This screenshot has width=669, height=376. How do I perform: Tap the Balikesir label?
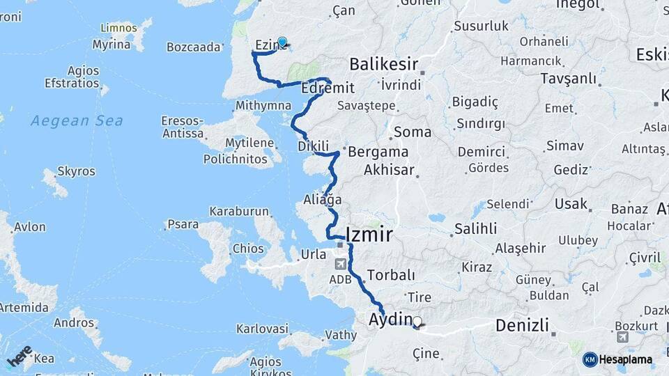coord(383,65)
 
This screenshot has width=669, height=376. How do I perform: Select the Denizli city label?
coord(522,325)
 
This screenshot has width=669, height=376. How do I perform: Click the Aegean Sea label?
coord(77,120)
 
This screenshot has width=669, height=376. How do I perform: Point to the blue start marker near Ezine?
coord(282,42)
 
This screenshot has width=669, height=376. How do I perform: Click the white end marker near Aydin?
coord(417,322)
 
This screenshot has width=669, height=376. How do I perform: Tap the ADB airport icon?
coord(340,264)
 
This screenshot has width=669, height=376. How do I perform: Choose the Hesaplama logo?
coord(617,359)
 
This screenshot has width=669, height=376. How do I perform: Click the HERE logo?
coord(20,356)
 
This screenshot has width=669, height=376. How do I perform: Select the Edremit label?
coord(328,89)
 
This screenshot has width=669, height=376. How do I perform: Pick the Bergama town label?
coord(378,152)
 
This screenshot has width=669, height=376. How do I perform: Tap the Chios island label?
coord(248,249)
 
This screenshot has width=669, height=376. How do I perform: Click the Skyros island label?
coord(71,171)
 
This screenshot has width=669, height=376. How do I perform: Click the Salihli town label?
coord(475,228)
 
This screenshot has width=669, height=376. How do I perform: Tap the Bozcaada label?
coord(193,47)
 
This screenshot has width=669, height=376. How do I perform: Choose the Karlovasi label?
coord(262,329)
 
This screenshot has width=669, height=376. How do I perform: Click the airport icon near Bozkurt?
coord(622,337)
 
